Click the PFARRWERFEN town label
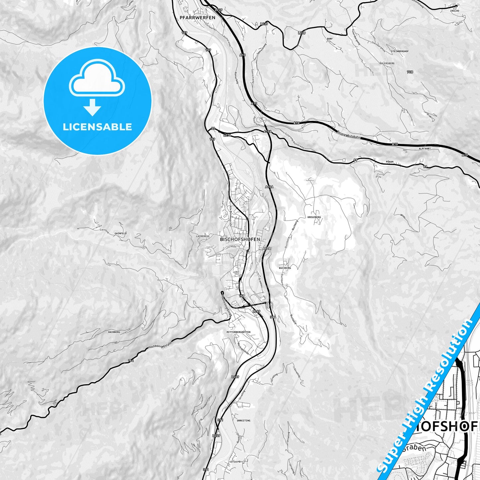tap(197, 18)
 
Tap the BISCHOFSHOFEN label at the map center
tap(240, 239)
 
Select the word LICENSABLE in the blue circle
tap(97, 127)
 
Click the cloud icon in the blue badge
tap(97, 78)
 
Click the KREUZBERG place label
tap(314, 217)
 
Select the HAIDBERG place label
tap(114, 332)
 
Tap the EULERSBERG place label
tap(387, 63)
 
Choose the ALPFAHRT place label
tap(425, 149)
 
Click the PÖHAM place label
tap(389, 162)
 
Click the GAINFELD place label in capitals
tap(120, 234)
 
